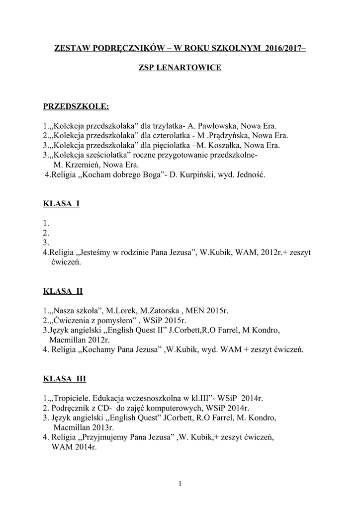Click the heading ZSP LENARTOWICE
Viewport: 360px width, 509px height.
click(x=180, y=67)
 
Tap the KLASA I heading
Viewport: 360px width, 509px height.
click(x=61, y=204)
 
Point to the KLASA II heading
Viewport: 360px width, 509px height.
click(x=63, y=291)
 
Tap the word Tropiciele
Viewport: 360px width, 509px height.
click(x=71, y=398)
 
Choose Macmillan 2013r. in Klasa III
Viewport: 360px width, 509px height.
click(x=83, y=427)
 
